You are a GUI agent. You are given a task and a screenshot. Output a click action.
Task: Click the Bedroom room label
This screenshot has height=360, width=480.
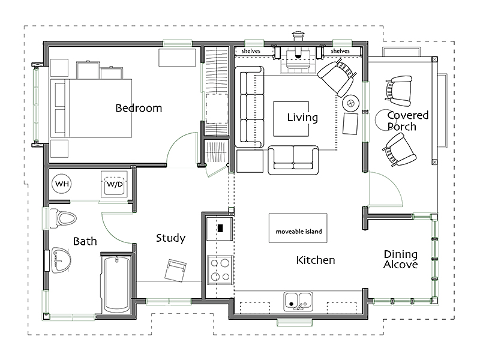point(139,108)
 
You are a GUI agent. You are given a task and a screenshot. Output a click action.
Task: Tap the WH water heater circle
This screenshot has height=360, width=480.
point(62,184)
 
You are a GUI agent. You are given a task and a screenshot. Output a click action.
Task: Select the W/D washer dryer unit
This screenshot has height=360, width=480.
point(114,184)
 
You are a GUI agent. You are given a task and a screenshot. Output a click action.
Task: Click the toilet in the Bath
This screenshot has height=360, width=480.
point(63,218)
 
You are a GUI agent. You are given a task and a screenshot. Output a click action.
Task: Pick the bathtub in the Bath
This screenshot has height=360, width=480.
point(116,284)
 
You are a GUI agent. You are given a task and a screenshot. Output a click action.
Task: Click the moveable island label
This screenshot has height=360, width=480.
point(299,232)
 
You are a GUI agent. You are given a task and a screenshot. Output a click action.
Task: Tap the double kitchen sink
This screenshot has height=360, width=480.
point(298,301)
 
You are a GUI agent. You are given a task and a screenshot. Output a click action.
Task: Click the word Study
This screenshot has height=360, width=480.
point(170,238)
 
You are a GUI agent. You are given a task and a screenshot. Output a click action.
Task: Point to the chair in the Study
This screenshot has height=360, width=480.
point(175,271)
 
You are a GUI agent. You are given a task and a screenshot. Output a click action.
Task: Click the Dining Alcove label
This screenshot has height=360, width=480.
point(401,259)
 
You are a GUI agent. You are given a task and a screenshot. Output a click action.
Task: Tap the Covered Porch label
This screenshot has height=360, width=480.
point(407,121)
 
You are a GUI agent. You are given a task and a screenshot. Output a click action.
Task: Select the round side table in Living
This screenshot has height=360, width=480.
point(350,103)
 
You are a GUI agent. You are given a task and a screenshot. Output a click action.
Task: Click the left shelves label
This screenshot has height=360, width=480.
point(251,51)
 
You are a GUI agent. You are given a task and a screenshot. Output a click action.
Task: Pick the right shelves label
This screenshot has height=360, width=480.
point(340,51)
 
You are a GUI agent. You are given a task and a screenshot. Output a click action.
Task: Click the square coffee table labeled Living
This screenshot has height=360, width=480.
point(291,118)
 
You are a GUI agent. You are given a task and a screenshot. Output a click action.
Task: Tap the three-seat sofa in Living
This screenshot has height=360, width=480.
point(250,107)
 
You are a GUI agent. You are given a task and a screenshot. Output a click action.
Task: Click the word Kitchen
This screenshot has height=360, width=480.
point(316,260)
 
